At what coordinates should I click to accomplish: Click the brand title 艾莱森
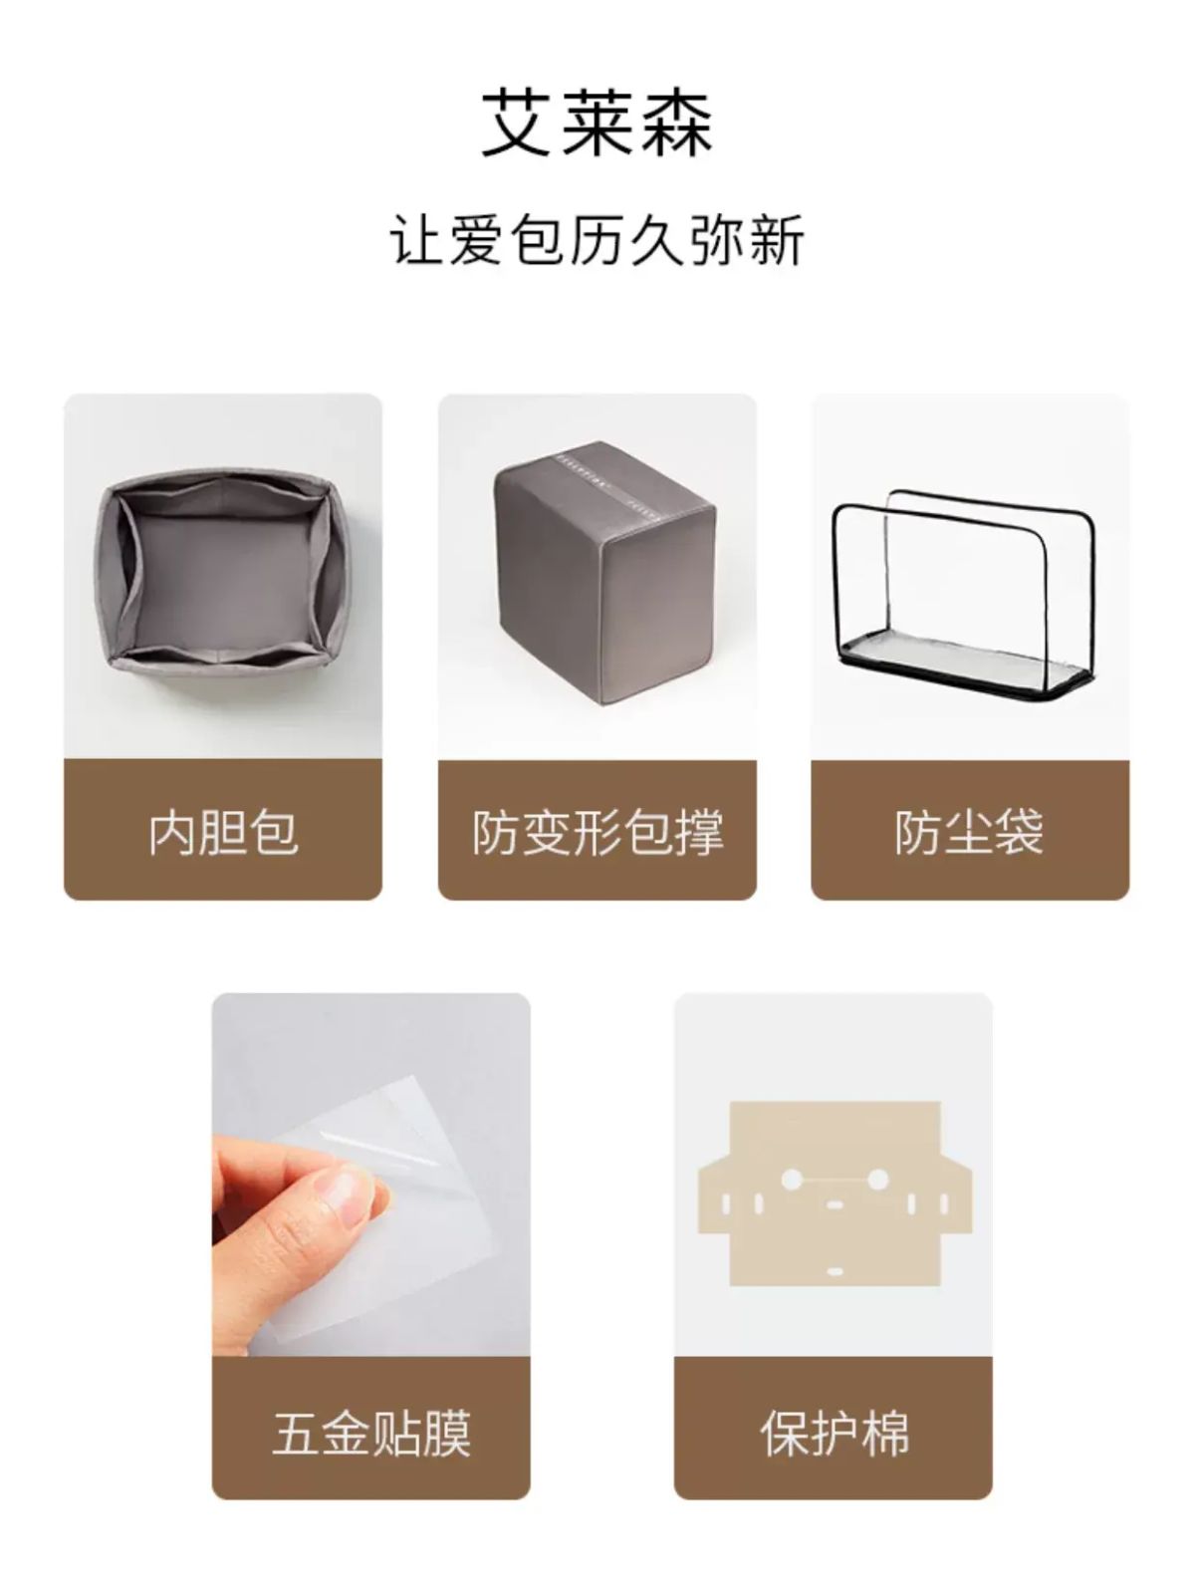(597, 125)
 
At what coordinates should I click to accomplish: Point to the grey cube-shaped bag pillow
(604, 564)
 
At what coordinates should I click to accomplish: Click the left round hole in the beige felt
(791, 1178)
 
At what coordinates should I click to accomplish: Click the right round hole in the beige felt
(877, 1178)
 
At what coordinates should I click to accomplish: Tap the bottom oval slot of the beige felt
(835, 1272)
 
